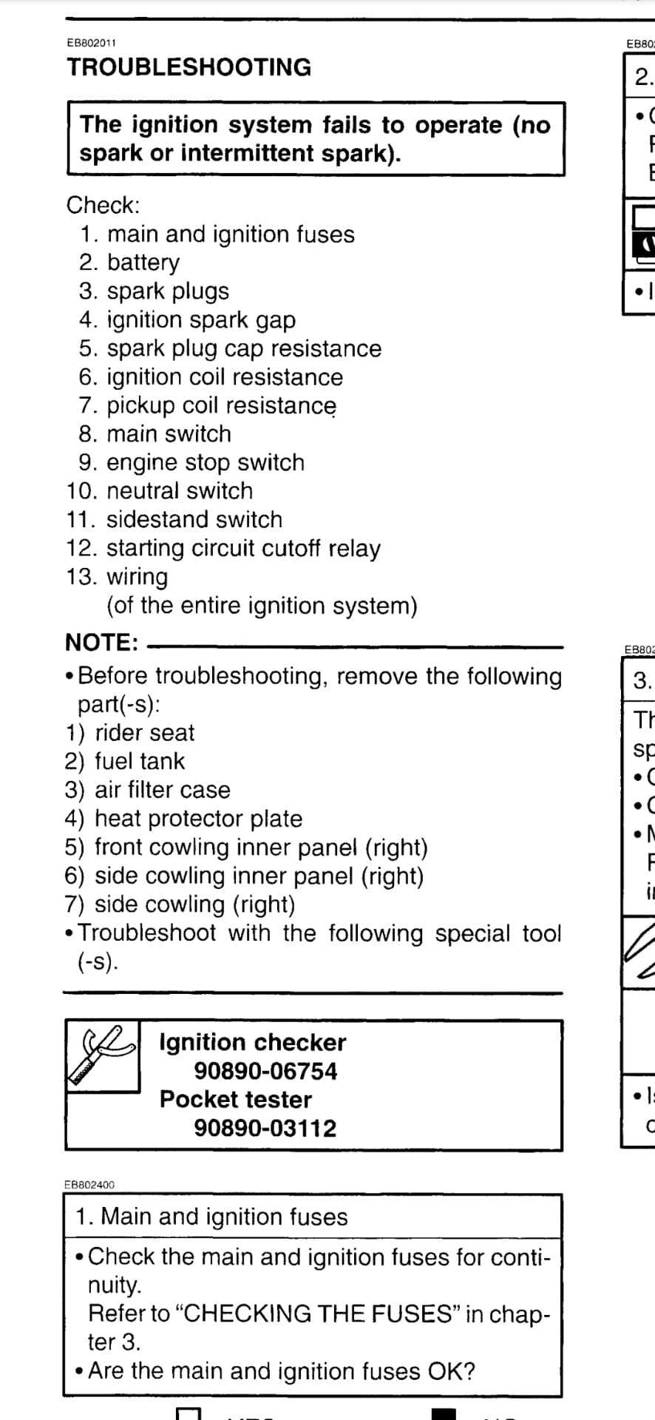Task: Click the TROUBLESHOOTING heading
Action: [189, 67]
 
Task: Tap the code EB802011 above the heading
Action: [91, 44]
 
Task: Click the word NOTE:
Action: [101, 642]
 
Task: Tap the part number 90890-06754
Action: [265, 1071]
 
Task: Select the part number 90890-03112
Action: [265, 1129]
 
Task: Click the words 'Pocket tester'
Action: [236, 1100]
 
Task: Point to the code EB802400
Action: [89, 1184]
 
